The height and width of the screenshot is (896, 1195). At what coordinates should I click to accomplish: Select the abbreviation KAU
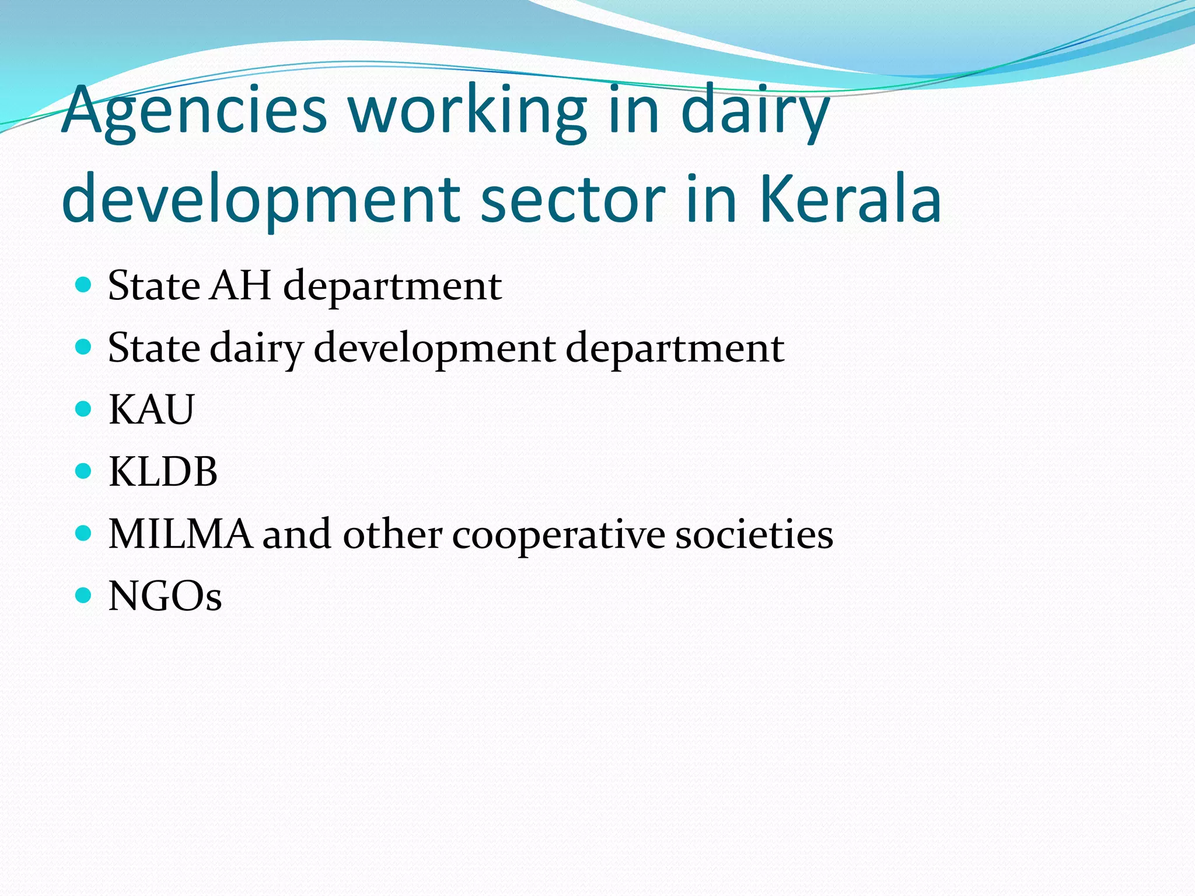pos(151,409)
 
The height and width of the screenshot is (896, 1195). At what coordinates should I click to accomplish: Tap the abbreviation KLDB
pos(163,471)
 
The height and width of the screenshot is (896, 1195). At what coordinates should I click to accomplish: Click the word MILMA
pos(180,534)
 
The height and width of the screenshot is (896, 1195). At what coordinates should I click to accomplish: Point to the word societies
pos(754,534)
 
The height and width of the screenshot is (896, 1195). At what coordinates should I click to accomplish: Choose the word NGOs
pos(165,596)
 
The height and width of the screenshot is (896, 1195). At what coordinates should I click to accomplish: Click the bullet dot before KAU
pos(84,409)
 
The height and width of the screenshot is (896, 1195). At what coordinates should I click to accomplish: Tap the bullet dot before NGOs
pos(84,596)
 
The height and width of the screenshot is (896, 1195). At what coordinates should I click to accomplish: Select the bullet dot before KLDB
pos(84,471)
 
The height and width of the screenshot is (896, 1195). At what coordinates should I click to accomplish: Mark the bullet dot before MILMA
pos(84,533)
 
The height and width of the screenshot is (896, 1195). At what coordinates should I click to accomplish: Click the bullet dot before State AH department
pos(84,285)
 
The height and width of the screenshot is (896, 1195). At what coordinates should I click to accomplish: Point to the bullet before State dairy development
pos(84,347)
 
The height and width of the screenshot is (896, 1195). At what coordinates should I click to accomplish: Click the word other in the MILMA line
pos(392,534)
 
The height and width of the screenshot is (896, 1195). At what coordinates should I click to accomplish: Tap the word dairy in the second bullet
pos(256,349)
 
